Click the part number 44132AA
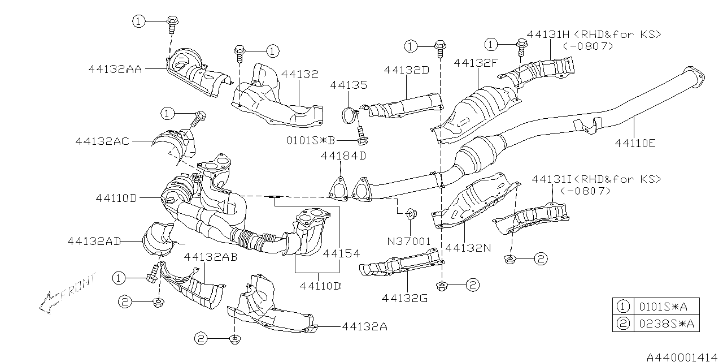tap(115, 69)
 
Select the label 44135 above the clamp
tap(349, 85)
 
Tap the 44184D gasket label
tap(343, 156)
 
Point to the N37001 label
tap(408, 241)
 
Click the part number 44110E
tap(635, 143)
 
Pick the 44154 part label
tap(341, 253)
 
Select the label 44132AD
tap(94, 240)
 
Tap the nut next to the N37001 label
tap(411, 214)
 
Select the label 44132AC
tap(102, 141)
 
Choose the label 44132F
tap(476, 63)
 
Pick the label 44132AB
tap(211, 256)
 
